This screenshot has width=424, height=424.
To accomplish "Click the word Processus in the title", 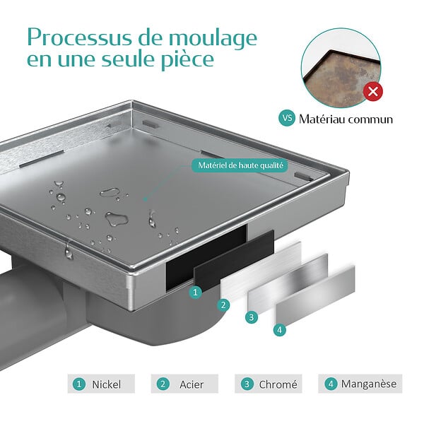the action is (x=81, y=38).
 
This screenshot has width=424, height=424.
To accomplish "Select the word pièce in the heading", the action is (x=187, y=61).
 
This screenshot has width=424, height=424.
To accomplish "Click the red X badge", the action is (x=373, y=91).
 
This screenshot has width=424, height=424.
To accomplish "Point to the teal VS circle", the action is (x=287, y=118).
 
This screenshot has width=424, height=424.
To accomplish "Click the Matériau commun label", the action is (x=346, y=119).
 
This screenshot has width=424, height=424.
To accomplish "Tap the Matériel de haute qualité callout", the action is (x=240, y=165).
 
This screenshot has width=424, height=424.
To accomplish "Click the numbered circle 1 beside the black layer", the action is (x=195, y=293).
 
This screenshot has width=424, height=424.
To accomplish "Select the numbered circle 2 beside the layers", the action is (x=223, y=305).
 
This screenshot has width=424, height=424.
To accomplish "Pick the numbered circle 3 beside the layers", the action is (x=252, y=317).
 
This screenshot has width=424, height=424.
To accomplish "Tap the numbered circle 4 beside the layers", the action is (x=280, y=329).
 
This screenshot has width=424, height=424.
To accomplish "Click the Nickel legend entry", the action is (x=101, y=384).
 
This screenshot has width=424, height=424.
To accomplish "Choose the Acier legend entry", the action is (x=184, y=384).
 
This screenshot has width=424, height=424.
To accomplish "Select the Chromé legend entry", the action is (x=269, y=384).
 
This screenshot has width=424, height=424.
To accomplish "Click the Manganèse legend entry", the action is (x=360, y=384).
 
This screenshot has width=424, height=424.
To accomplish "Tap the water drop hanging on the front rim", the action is (x=69, y=252).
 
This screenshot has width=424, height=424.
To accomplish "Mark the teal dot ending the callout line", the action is (x=145, y=199).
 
